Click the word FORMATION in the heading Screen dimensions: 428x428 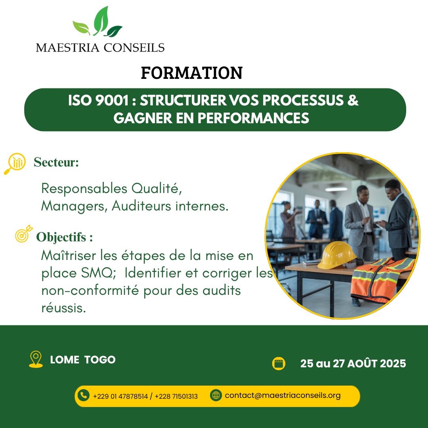pos(192,73)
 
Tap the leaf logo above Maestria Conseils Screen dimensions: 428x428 pos(98,22)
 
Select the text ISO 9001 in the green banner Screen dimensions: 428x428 pos(98,100)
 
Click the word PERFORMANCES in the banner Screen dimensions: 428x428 pos(253,118)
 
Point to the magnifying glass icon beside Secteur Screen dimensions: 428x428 pos(15,163)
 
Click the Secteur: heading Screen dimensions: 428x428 pos(56,162)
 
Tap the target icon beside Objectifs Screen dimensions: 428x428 pos(24,234)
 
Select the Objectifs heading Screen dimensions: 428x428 pos(65,237)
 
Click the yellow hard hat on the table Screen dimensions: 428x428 pos(337,255)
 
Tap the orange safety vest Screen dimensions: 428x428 pos(382,280)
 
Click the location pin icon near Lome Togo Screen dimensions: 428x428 pos(36,359)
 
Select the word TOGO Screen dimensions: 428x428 pos(100,360)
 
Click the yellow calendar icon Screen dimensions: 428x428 pos(279,363)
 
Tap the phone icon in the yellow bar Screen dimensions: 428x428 pos(84,395)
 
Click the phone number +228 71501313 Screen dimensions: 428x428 pos(176,396)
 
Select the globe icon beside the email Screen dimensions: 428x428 pos(216,395)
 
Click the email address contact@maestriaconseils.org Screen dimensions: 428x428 pos(283,396)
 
